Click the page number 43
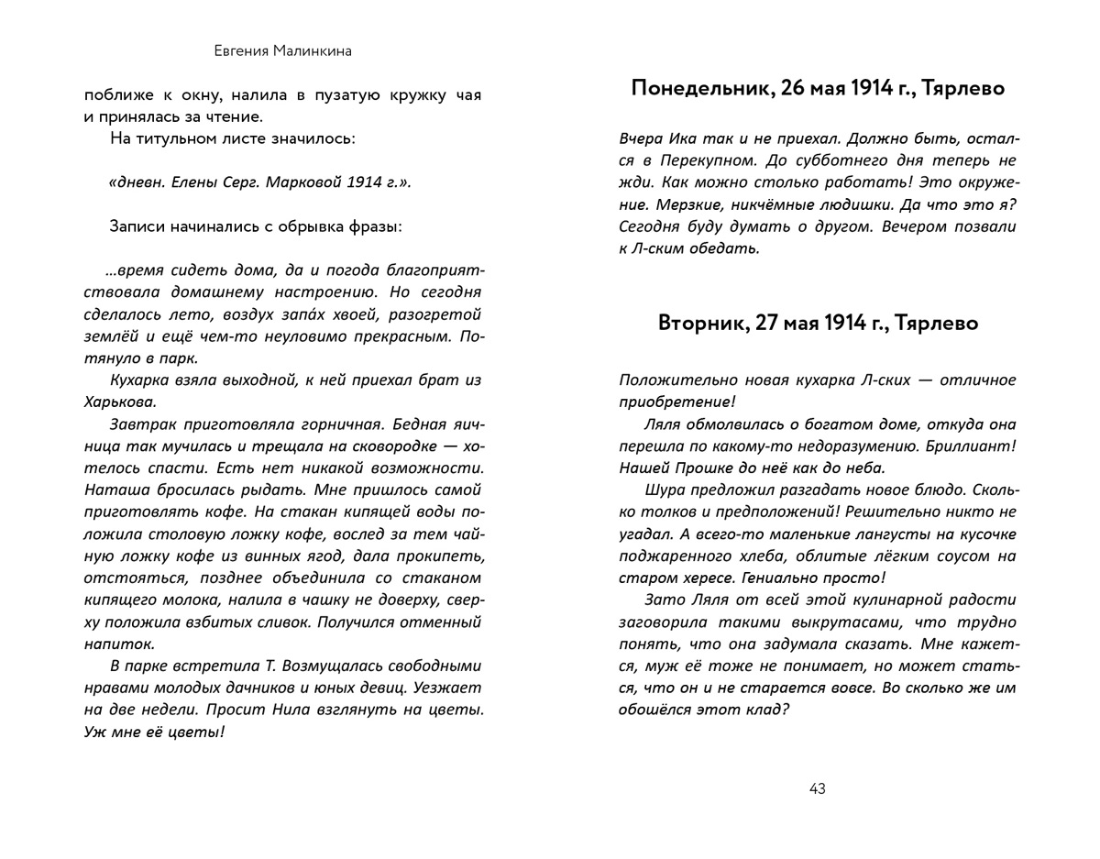click(x=818, y=788)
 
